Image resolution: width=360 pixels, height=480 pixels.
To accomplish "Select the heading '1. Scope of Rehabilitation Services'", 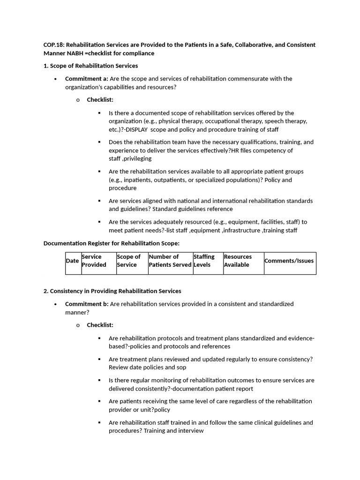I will [x=90, y=66].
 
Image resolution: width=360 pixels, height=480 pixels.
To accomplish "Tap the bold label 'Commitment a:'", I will [x=86, y=79].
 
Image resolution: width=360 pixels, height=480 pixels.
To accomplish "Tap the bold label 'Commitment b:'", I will [x=86, y=304].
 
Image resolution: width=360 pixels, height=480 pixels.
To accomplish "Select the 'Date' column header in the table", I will [x=72, y=261].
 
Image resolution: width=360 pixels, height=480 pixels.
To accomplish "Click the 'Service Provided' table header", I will [x=94, y=261].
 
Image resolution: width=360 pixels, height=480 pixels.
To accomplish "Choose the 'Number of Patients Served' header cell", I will [x=170, y=261].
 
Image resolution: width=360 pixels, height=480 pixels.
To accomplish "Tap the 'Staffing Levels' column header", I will [x=204, y=261].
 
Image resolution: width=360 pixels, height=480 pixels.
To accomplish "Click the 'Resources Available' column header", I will [x=238, y=261].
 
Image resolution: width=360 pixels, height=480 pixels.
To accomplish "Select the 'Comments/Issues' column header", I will [x=289, y=261].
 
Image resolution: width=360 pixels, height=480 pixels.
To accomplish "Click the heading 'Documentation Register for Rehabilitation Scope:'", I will [x=112, y=243].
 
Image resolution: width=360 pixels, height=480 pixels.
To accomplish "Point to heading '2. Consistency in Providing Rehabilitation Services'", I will [x=112, y=291].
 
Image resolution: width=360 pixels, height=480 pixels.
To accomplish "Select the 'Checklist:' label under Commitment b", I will [x=100, y=325].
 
